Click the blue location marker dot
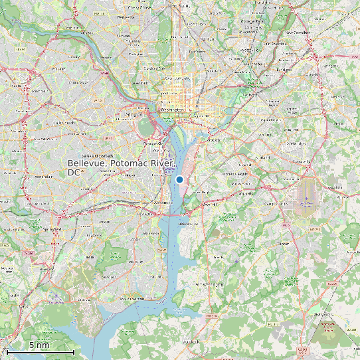[179, 179]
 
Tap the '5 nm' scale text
[39, 345]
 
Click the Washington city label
[171, 108]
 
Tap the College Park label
[250, 22]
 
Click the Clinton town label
[283, 244]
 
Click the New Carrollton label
[297, 32]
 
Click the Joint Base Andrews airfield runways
[306, 195]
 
